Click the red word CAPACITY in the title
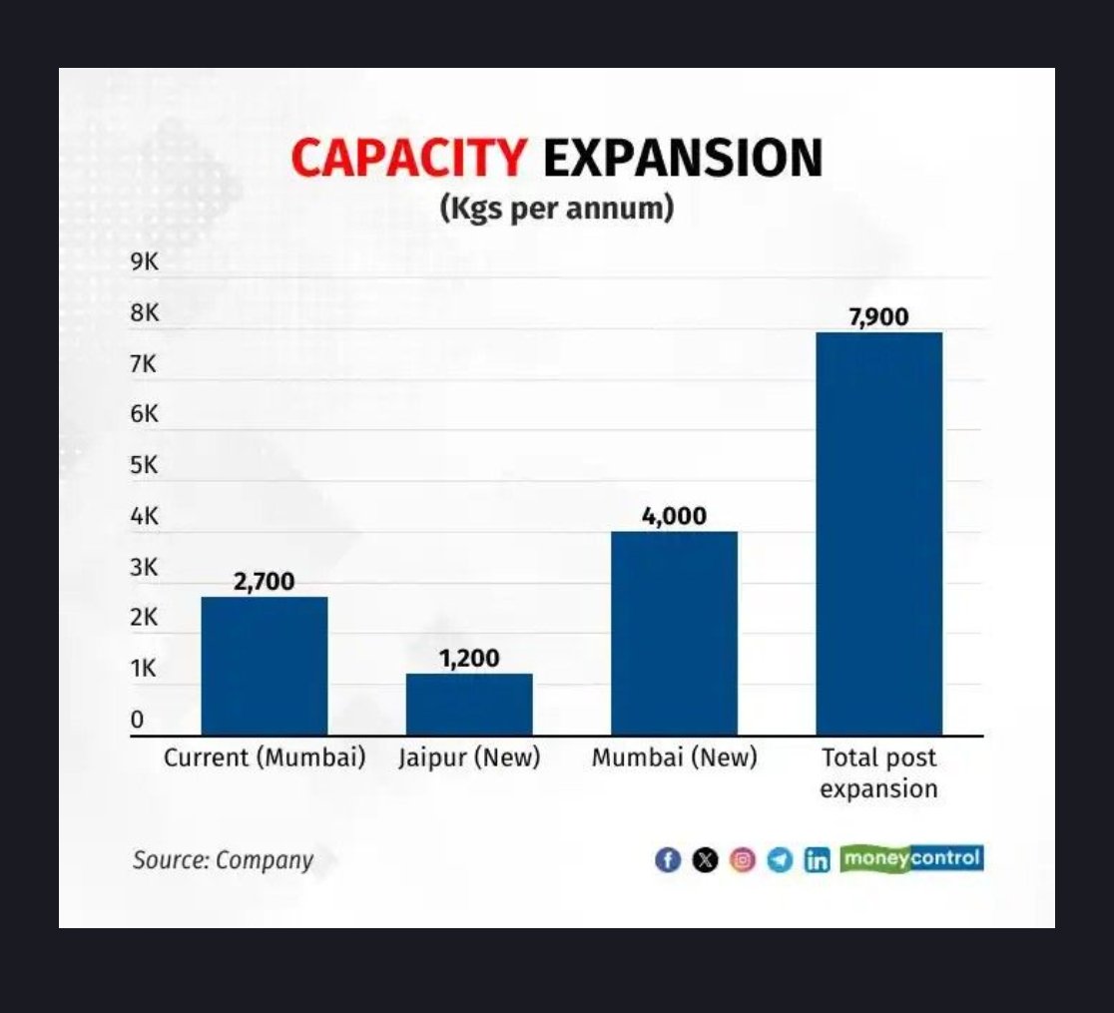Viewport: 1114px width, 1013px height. click(408, 158)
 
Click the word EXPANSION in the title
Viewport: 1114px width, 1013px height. click(683, 158)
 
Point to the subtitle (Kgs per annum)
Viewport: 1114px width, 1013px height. click(556, 209)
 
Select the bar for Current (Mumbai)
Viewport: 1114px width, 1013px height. click(265, 666)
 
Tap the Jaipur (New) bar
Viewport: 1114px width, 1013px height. click(469, 705)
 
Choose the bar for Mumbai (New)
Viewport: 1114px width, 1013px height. click(674, 634)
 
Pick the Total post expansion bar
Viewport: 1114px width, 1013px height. click(878, 534)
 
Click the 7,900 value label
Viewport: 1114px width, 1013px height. click(878, 317)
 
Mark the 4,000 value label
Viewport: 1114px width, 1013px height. click(674, 516)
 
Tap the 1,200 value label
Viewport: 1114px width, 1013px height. click(469, 659)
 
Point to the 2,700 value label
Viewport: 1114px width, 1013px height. click(265, 582)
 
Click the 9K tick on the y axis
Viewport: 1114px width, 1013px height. click(145, 262)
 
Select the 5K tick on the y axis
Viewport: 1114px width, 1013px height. click(145, 466)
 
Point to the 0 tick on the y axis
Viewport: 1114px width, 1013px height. click(138, 720)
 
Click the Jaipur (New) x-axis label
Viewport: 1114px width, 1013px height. click(469, 759)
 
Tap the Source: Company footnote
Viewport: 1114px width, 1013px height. click(223, 860)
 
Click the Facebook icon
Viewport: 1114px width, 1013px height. click(668, 859)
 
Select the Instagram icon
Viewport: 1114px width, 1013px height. click(743, 859)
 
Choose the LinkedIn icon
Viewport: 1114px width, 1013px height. click(817, 859)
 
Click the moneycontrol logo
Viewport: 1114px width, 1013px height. click(911, 858)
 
